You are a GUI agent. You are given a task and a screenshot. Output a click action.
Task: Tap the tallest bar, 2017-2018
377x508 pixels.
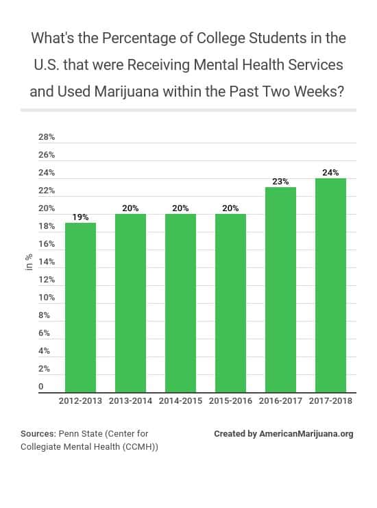click(x=330, y=285)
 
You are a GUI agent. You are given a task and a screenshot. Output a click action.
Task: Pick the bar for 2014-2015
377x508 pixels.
click(x=180, y=302)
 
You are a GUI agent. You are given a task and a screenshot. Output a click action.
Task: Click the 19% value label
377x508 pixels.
click(x=80, y=217)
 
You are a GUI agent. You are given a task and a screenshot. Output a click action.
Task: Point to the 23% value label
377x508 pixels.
click(x=280, y=181)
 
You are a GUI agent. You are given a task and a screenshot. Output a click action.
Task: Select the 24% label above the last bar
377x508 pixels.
click(x=330, y=172)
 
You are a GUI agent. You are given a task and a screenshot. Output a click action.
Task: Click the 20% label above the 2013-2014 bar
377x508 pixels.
click(x=130, y=208)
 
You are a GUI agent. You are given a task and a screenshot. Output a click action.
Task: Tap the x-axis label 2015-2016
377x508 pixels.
click(x=230, y=401)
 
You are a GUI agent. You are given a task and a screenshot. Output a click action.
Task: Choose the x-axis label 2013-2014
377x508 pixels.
click(x=130, y=401)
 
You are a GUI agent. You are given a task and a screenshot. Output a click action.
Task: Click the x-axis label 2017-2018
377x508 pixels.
click(x=330, y=401)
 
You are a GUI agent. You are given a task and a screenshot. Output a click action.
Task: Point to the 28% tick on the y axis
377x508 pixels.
click(x=47, y=137)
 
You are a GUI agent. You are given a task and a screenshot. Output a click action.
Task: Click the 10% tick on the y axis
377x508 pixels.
click(x=47, y=298)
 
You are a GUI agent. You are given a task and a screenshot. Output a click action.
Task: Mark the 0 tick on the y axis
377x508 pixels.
click(x=41, y=387)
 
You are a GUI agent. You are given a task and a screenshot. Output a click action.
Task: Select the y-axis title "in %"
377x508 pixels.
click(x=29, y=262)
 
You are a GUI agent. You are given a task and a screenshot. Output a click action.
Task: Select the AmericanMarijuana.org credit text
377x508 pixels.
click(x=306, y=434)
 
